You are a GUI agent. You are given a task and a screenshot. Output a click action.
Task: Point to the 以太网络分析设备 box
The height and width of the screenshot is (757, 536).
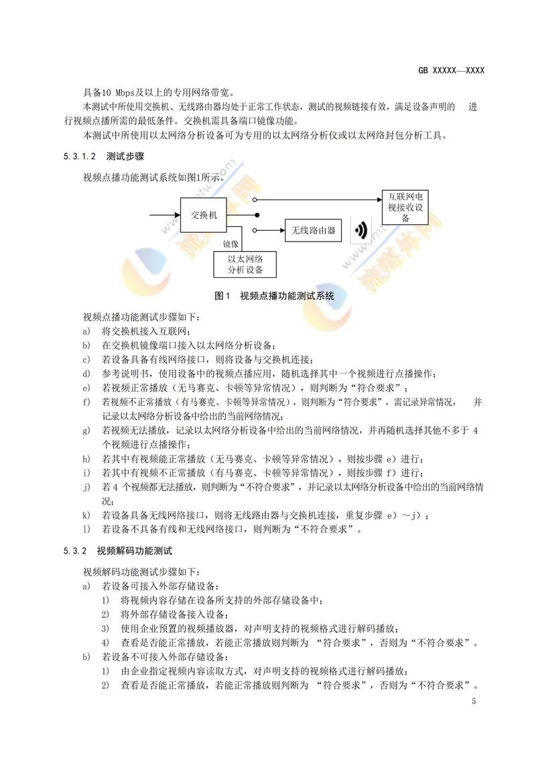245,264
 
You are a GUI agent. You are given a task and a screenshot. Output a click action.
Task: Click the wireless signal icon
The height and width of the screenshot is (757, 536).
361,232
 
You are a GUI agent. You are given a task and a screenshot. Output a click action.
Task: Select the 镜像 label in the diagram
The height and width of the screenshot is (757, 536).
231,243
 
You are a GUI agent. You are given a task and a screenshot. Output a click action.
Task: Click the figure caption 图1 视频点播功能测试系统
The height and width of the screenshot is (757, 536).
274,295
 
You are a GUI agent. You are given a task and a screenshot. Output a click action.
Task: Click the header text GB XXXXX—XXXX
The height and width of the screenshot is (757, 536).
450,70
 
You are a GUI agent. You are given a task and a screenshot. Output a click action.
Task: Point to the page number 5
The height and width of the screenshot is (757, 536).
474,701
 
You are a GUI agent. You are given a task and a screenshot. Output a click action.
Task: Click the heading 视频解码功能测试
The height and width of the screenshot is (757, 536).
135,552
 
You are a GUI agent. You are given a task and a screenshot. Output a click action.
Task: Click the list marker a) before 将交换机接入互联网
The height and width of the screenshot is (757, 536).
86,331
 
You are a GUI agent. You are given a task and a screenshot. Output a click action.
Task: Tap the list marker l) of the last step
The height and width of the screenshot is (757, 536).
86,530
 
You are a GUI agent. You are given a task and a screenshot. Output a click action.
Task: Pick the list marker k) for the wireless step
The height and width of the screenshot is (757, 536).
86,515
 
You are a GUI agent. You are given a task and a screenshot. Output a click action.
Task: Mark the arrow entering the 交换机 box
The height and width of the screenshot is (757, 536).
164,216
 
